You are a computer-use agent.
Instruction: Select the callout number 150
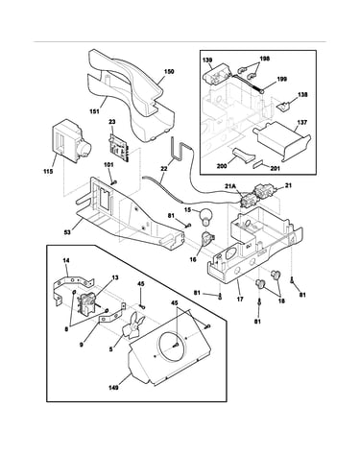[169, 71]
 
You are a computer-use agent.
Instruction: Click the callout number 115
[48, 171]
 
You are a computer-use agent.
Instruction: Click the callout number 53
[67, 231]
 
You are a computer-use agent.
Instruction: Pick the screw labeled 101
[113, 182]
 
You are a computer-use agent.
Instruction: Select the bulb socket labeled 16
[207, 239]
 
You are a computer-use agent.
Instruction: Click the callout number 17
[240, 300]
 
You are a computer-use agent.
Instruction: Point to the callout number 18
[282, 300]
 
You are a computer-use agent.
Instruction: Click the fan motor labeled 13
[86, 304]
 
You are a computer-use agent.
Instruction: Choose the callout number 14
[66, 261]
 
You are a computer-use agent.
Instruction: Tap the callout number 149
[113, 388]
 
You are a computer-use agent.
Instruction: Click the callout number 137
[301, 122]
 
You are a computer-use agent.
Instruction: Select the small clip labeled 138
[282, 108]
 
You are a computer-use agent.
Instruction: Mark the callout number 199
[282, 79]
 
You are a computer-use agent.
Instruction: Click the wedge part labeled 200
[244, 156]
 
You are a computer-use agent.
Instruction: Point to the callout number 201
[275, 168]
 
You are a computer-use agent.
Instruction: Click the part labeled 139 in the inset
[216, 76]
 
